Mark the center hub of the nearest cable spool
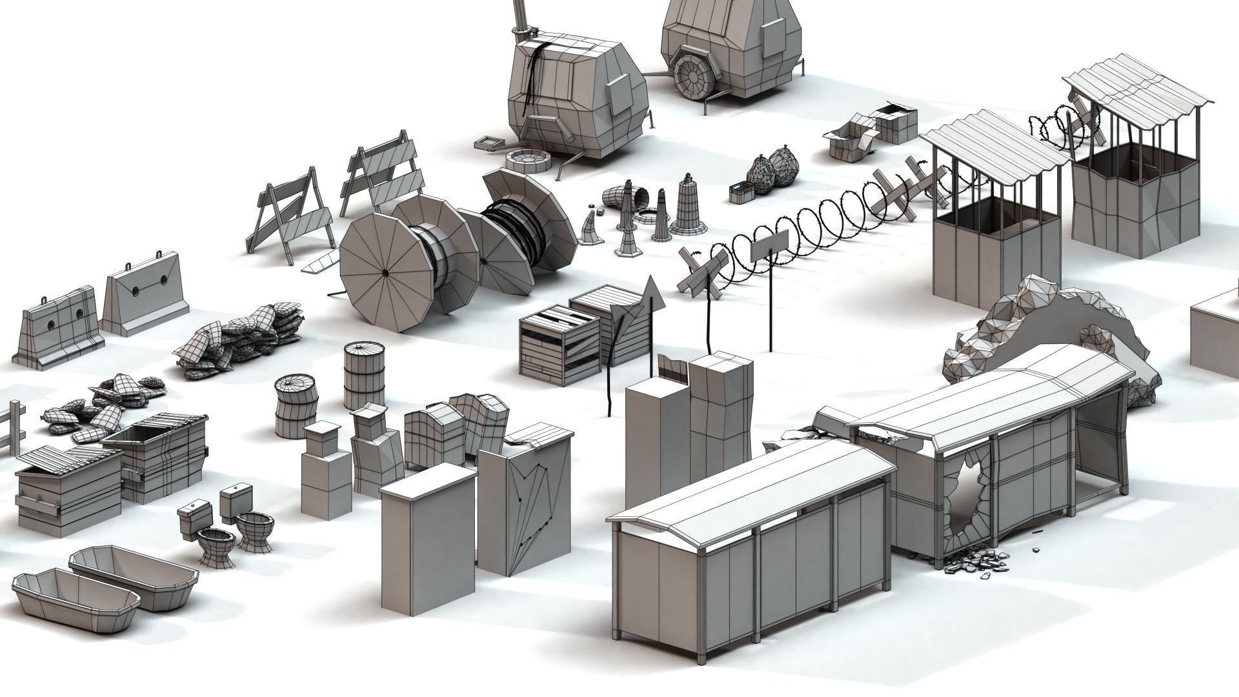point(386,272)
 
